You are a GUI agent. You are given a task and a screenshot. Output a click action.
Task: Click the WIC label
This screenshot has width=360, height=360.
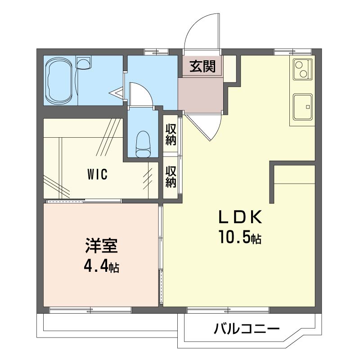pyautogui.click(x=97, y=174)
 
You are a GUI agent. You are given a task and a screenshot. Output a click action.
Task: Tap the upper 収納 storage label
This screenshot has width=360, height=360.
pyautogui.click(x=171, y=134)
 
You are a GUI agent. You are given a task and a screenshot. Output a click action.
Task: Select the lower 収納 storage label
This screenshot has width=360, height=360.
pyautogui.click(x=171, y=176)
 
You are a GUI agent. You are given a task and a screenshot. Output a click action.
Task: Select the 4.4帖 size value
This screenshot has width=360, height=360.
pyautogui.click(x=102, y=266)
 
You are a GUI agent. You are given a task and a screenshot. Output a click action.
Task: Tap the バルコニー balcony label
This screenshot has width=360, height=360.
pyautogui.click(x=247, y=328)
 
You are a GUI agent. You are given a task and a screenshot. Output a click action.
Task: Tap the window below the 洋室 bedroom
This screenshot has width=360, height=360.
pyautogui.click(x=90, y=310)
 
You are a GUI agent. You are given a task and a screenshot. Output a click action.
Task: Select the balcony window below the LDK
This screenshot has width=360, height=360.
pyautogui.click(x=228, y=310)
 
